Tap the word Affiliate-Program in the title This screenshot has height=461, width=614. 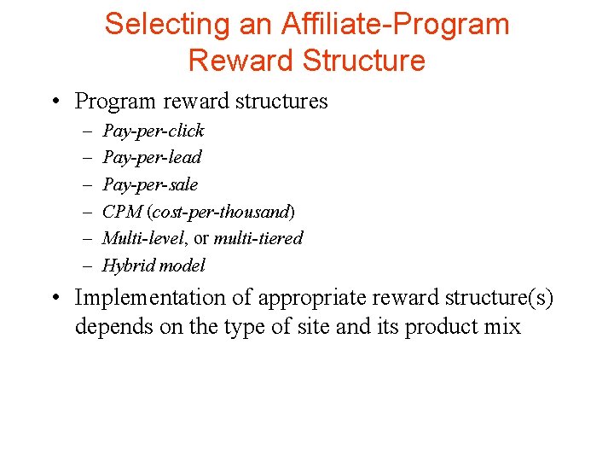[394, 24]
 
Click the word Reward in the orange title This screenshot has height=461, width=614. [241, 61]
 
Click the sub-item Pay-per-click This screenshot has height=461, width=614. [153, 131]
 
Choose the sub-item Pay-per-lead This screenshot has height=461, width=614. [152, 157]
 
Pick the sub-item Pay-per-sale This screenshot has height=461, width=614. [150, 184]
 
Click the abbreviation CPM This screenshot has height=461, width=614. [123, 211]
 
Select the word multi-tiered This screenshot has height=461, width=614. [258, 238]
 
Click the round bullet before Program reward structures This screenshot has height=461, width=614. [54, 102]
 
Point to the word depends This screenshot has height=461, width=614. [109, 327]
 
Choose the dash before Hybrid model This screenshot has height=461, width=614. [88, 266]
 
